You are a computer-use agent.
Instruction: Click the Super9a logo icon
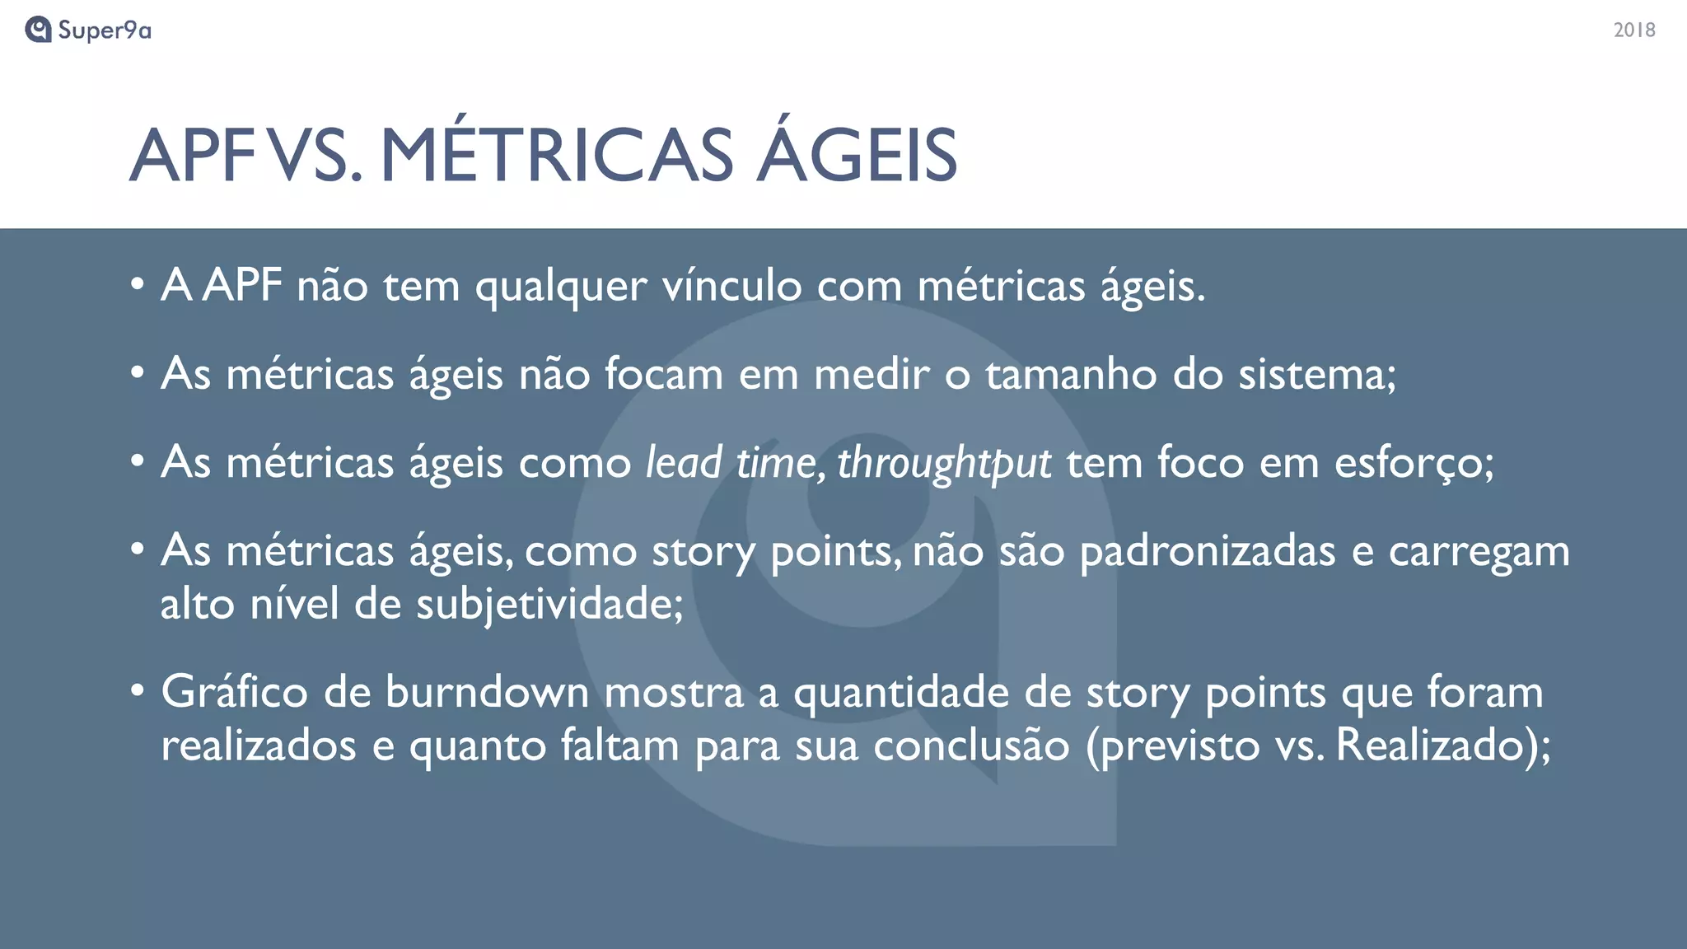point(38,30)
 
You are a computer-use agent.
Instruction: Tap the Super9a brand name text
point(105,30)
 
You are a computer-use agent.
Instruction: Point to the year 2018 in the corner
point(1634,30)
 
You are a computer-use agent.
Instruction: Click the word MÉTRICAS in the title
point(556,155)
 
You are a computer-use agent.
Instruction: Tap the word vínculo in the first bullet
point(731,286)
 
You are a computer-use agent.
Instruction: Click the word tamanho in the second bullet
point(1072,374)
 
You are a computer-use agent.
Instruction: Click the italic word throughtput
point(944,463)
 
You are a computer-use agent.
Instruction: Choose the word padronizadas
point(1207,551)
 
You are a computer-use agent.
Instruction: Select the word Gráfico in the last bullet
point(234,692)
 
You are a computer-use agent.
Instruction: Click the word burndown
point(487,692)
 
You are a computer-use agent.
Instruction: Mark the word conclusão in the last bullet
point(971,746)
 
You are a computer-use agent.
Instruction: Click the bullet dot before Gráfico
point(138,690)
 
